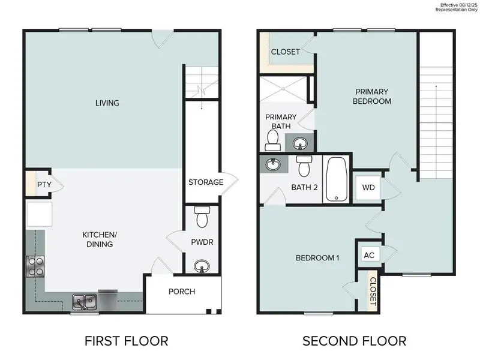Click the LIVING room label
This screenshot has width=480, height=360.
click(107, 103)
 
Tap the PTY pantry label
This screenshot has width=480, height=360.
click(44, 185)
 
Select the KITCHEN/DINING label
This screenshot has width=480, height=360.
click(98, 239)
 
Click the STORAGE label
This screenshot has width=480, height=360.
click(206, 182)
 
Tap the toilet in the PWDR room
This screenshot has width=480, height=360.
click(202, 217)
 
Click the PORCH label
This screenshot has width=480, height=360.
click(182, 292)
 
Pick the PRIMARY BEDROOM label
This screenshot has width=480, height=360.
click(373, 96)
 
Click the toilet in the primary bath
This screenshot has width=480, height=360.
click(273, 140)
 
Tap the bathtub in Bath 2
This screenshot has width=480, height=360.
click(336, 178)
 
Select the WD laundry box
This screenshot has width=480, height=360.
click(368, 187)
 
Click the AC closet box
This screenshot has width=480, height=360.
click(370, 254)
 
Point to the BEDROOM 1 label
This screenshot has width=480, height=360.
click(318, 258)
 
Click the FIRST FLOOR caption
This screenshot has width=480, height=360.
click(126, 341)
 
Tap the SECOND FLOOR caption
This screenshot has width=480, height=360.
click(354, 341)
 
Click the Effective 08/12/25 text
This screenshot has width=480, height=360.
click(458, 4)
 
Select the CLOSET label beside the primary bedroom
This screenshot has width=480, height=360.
click(285, 52)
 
